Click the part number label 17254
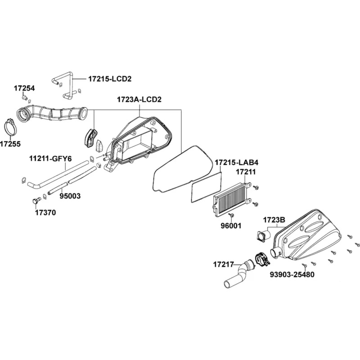(24, 88)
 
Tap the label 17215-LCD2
(110, 79)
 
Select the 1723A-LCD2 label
(139, 99)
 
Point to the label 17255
(10, 144)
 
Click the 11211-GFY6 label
(50, 159)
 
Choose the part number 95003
(70, 196)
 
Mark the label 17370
(45, 212)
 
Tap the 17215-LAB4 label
(237, 162)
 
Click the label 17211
(246, 172)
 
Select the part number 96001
(231, 226)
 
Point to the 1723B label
(274, 220)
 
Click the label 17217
(223, 265)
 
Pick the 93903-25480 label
(292, 274)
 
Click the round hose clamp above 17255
(10, 127)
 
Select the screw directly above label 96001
(231, 215)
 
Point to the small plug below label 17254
(24, 98)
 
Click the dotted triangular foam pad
(99, 146)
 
